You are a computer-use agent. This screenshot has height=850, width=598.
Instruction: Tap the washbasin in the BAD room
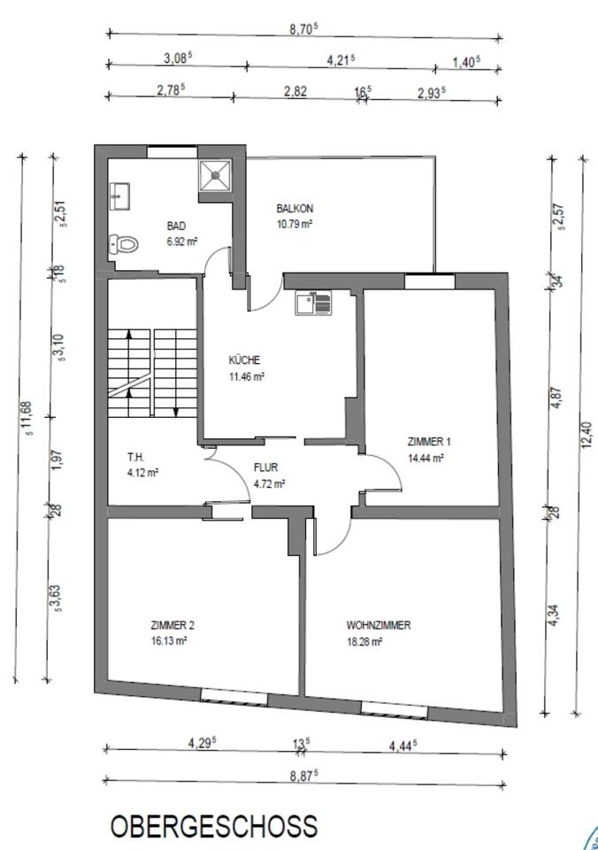tap(119, 196)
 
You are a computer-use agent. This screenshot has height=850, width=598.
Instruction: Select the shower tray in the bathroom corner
tap(215, 175)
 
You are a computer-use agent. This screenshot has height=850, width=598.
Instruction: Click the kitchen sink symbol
tap(313, 303)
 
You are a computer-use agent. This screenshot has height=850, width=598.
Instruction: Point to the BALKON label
tap(295, 208)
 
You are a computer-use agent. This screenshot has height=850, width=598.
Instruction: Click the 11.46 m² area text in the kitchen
tap(247, 376)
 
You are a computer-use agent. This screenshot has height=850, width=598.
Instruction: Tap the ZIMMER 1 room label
tap(429, 441)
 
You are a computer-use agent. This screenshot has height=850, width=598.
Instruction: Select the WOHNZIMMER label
tap(379, 625)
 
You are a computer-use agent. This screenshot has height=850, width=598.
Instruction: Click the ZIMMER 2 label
tap(172, 625)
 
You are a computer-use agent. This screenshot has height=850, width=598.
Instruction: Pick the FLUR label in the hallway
tap(266, 467)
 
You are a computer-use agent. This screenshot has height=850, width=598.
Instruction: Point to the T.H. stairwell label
tap(135, 457)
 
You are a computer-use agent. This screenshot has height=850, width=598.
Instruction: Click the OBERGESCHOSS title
tap(214, 825)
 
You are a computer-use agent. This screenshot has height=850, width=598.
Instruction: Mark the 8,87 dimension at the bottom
tap(303, 776)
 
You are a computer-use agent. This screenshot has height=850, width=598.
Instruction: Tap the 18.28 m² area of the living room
tap(364, 642)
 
